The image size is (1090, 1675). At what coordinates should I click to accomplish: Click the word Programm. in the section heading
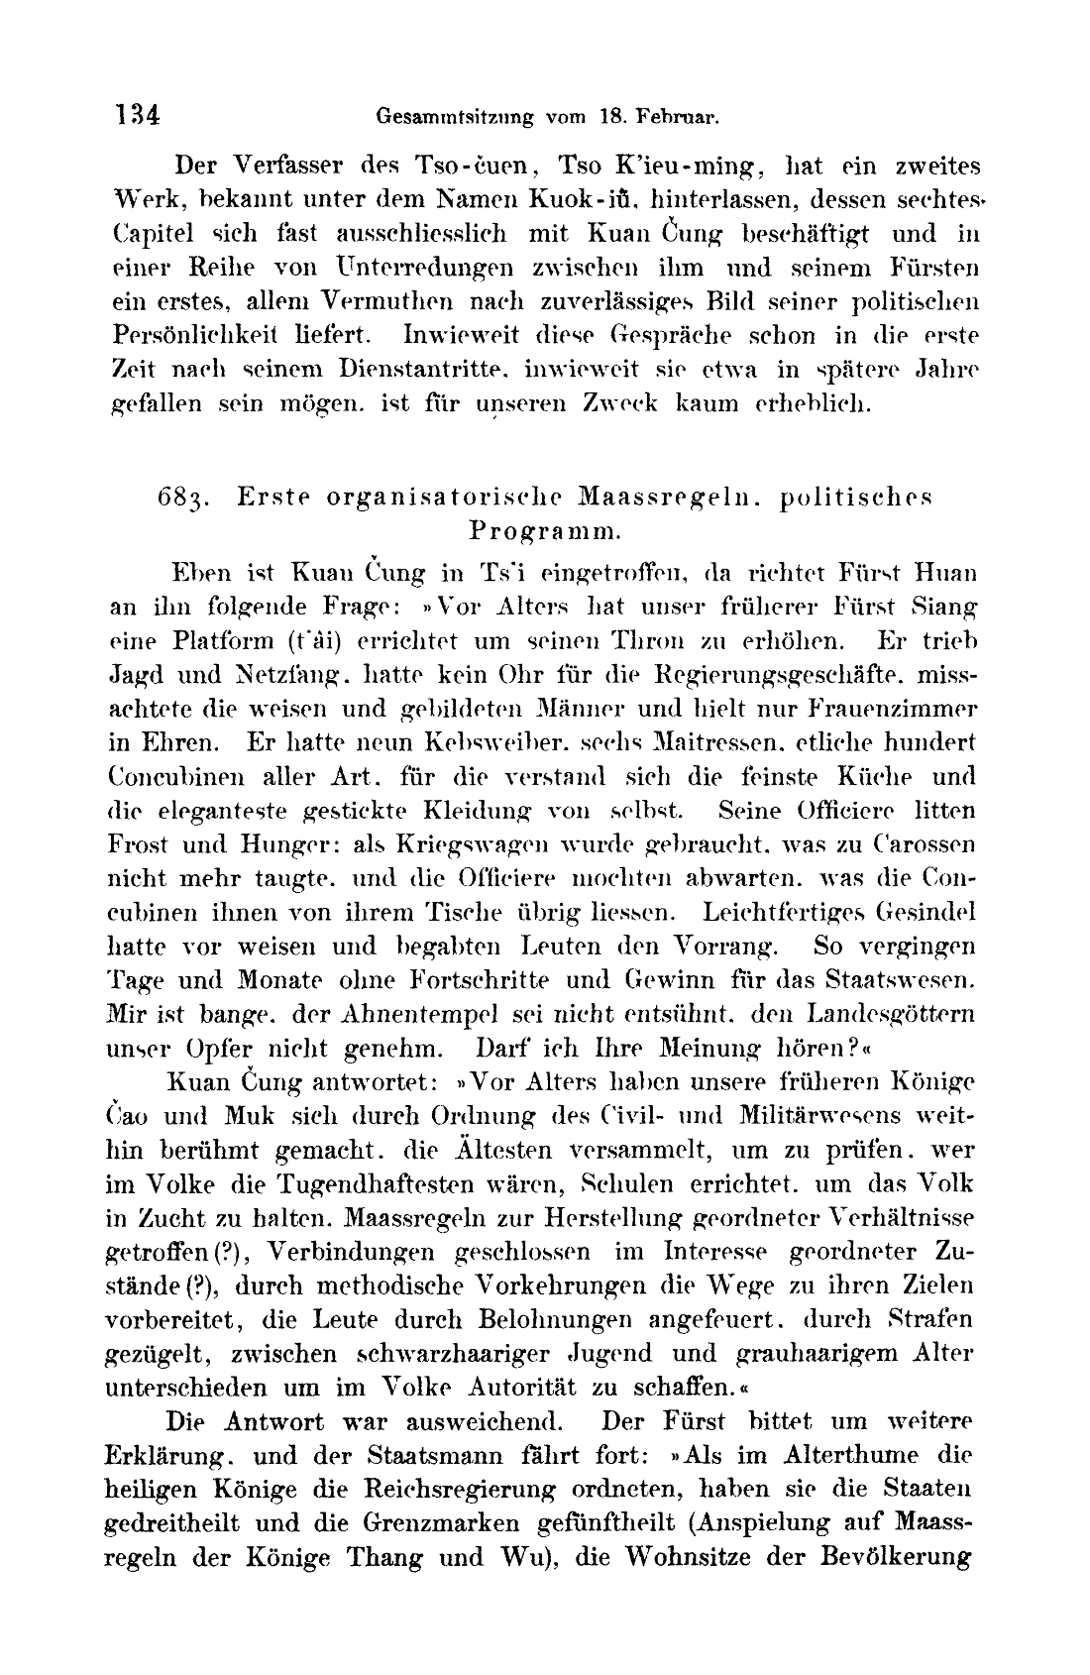pyautogui.click(x=545, y=530)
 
